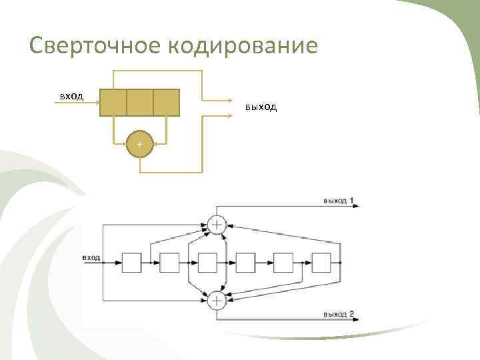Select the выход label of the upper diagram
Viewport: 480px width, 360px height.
point(261,107)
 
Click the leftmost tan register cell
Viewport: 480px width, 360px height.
point(113,102)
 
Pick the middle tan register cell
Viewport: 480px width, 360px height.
point(139,102)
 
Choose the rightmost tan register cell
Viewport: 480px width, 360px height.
point(166,102)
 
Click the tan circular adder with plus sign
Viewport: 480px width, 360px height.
point(139,144)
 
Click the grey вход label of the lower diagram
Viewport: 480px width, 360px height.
point(91,257)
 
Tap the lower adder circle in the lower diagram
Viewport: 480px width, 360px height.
point(217,301)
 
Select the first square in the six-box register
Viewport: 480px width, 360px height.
point(131,263)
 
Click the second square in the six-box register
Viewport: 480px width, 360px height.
point(169,263)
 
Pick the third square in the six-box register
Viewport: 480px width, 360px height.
point(207,263)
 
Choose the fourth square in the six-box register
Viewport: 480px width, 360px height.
point(245,263)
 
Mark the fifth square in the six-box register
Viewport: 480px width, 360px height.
point(283,263)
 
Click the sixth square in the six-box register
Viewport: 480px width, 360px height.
point(321,263)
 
